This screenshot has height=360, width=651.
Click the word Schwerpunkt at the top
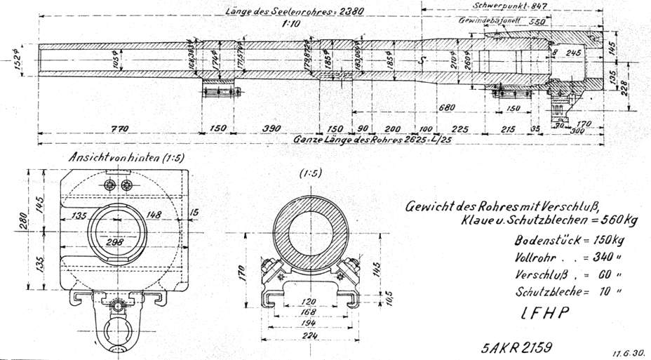tap(499, 5)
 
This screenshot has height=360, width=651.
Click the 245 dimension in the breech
tap(572, 52)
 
